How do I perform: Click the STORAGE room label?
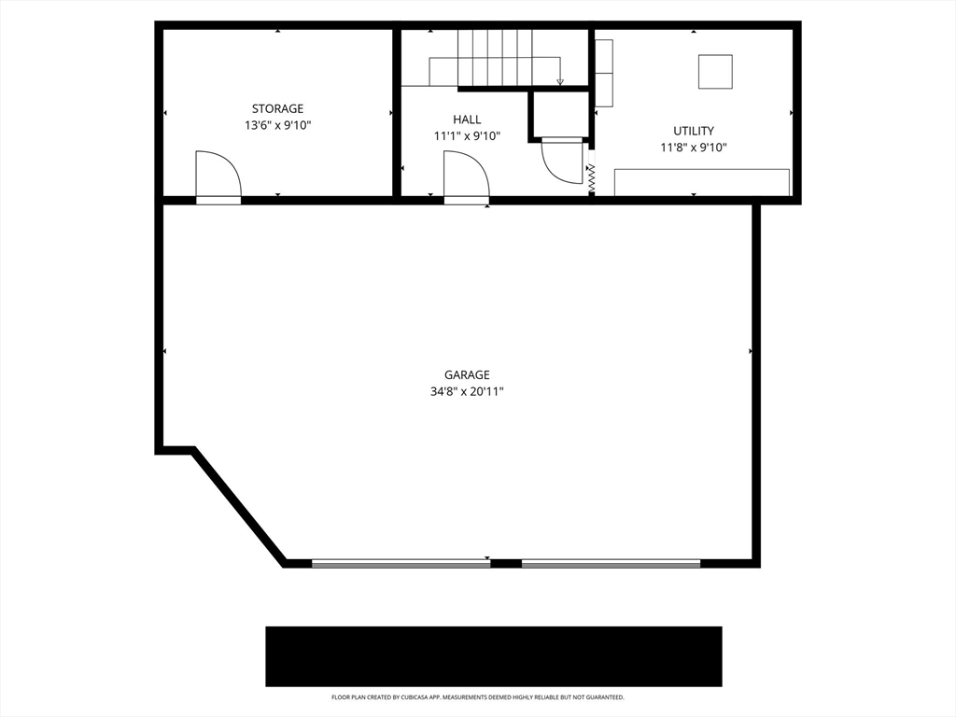tap(277, 108)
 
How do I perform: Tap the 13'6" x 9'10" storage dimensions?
tap(278, 126)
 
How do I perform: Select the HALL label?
tap(467, 119)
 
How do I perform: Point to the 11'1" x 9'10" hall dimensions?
tap(467, 136)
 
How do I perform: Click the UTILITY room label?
tap(694, 131)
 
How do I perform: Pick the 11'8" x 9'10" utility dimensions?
tap(694, 147)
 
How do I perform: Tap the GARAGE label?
tap(467, 375)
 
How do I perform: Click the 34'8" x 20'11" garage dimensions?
tap(467, 391)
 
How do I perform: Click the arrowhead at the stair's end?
tap(560, 82)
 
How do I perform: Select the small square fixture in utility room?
tap(715, 72)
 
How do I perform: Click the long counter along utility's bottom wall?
tap(702, 182)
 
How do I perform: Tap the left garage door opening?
tap(401, 564)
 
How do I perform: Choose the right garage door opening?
tap(611, 564)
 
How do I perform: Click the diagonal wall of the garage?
tap(238, 508)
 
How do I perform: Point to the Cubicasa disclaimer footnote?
tap(478, 696)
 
